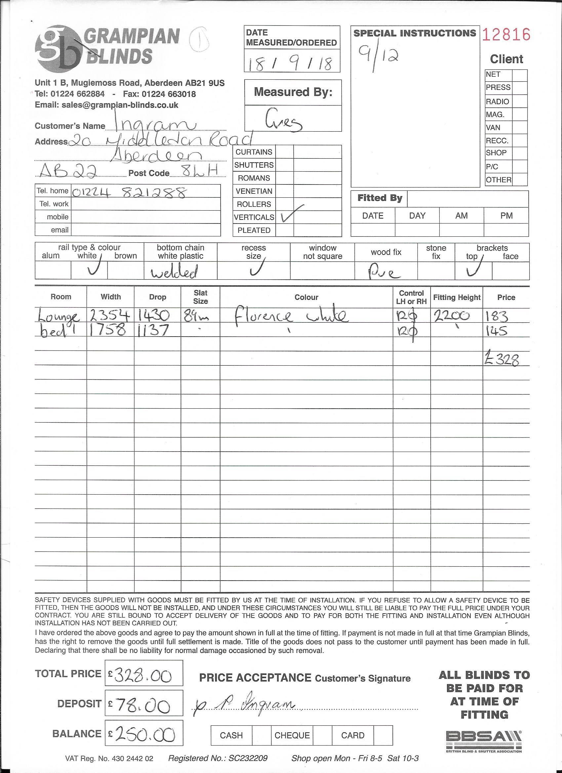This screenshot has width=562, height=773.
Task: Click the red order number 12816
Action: pyautogui.click(x=506, y=35)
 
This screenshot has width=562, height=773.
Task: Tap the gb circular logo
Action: pyautogui.click(x=59, y=49)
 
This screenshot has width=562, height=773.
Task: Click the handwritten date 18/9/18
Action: pyautogui.click(x=291, y=63)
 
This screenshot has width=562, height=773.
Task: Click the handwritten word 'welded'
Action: pyautogui.click(x=174, y=272)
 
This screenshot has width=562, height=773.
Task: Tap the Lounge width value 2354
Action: pyautogui.click(x=110, y=316)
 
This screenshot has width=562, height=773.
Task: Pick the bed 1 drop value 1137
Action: pyautogui.click(x=153, y=330)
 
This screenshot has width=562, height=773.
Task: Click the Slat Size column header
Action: pyautogui.click(x=200, y=297)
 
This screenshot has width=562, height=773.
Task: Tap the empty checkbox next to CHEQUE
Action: pyautogui.click(x=322, y=735)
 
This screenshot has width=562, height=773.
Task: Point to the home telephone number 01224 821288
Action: pyautogui.click(x=130, y=193)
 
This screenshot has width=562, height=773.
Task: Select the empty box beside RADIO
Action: pyautogui.click(x=519, y=101)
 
